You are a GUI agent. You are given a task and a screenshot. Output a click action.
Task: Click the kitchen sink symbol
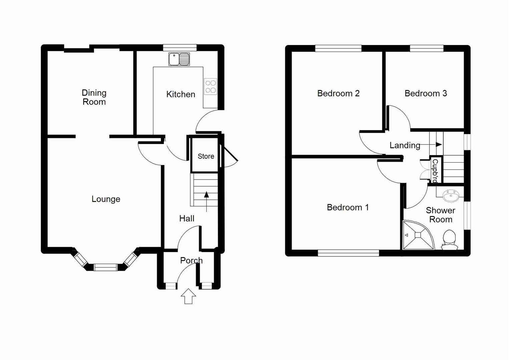[x=179, y=59]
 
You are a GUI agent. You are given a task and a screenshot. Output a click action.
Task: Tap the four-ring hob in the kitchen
[x=210, y=87]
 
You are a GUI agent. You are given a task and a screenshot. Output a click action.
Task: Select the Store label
[x=206, y=156]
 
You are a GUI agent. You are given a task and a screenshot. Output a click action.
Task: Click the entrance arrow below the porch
[x=188, y=296]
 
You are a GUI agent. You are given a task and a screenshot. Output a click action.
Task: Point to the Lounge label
[x=106, y=199]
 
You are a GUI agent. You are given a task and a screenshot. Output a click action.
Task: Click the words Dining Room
[x=94, y=97]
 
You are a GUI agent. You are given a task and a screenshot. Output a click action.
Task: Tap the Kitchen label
[x=180, y=94]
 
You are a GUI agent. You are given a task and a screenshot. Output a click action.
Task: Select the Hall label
[x=186, y=219]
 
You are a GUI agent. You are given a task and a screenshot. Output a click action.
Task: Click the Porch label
[x=191, y=260]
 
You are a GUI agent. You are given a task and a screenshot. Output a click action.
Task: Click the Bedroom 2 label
[x=338, y=93]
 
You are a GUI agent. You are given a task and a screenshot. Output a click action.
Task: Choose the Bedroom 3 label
[x=426, y=93]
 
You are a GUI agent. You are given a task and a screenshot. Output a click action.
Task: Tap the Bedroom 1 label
[x=348, y=207]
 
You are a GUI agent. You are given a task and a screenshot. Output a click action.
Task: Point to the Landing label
[x=405, y=145]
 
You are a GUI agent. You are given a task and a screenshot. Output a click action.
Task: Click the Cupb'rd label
[x=435, y=170]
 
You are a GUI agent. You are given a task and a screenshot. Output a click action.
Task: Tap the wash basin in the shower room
[x=451, y=195]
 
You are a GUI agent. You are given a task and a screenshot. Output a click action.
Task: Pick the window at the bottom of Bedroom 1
[x=348, y=253]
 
